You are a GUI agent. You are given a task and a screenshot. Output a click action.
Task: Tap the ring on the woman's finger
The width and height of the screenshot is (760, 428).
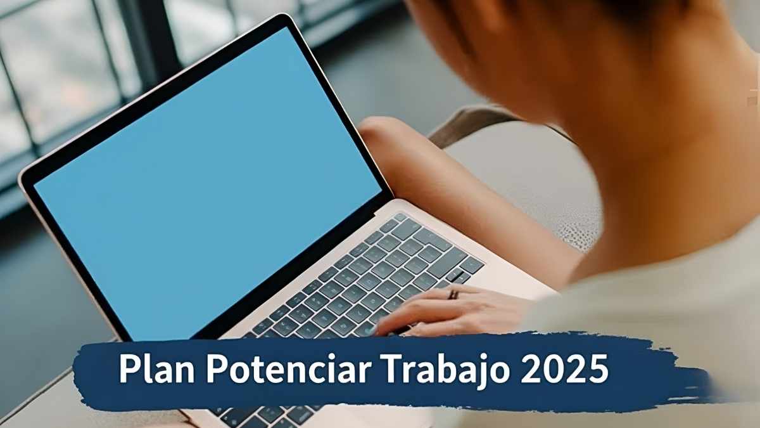(453, 294)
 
